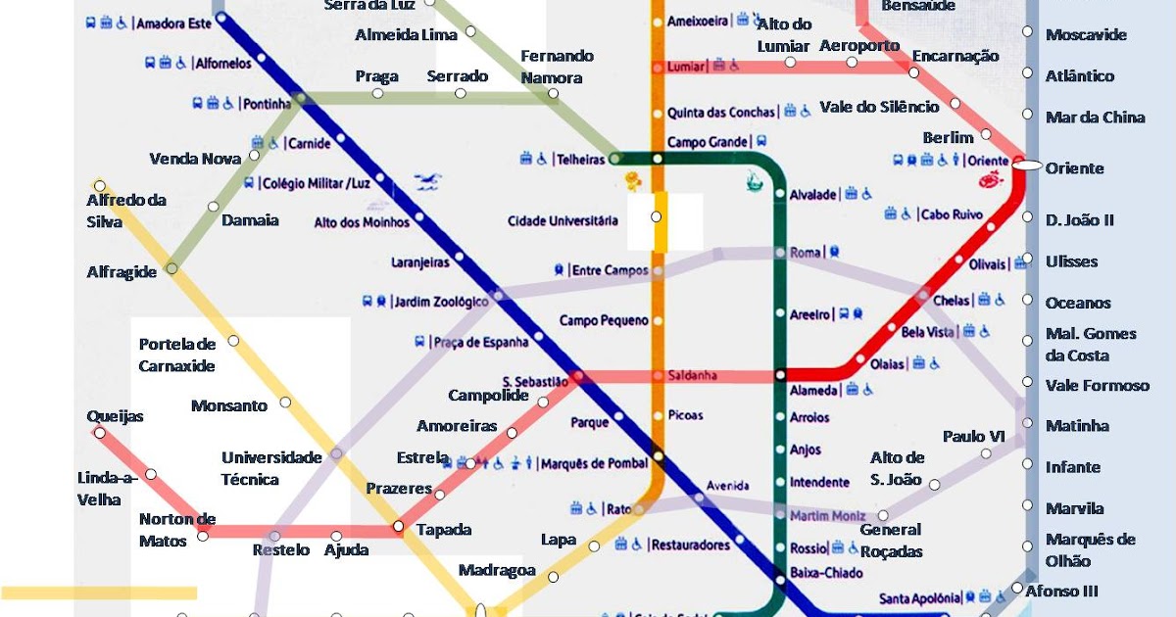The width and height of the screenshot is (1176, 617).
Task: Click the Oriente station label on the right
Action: (1074, 168)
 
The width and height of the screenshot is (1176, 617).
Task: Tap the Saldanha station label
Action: (693, 375)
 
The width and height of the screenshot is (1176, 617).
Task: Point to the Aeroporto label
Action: (858, 46)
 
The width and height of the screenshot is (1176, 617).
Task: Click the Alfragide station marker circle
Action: (171, 267)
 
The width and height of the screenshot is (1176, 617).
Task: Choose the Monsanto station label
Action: (228, 405)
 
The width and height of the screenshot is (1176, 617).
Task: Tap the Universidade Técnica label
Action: (271, 468)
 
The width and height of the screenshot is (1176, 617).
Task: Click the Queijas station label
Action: (115, 416)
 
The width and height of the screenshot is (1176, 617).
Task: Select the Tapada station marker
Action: (399, 528)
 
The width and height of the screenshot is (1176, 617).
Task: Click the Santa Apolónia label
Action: (919, 598)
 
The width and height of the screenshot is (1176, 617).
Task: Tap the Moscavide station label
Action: (1086, 35)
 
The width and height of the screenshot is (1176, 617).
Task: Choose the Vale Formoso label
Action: (1097, 385)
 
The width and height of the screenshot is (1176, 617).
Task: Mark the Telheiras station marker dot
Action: (615, 158)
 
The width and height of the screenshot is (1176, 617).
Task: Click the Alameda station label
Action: (813, 391)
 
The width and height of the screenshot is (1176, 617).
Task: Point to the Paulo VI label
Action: (973, 436)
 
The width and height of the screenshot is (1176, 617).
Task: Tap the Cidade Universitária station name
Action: (563, 220)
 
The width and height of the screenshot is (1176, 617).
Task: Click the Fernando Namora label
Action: (557, 67)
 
